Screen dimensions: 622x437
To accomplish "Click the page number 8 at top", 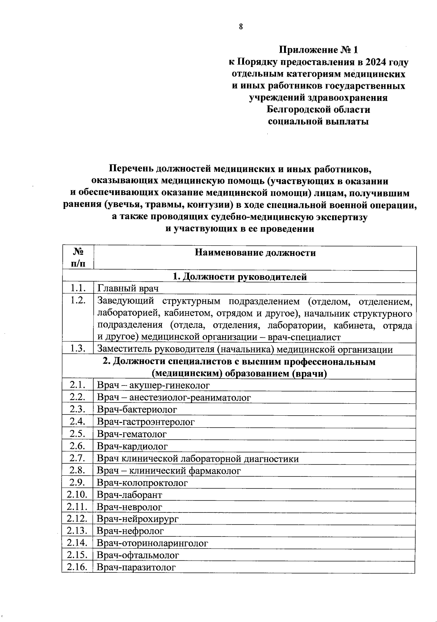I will point(240,26).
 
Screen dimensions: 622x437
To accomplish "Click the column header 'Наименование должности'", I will point(255,253).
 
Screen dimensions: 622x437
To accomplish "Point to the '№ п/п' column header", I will point(78,258).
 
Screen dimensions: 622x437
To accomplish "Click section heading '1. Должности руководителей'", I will point(239,277).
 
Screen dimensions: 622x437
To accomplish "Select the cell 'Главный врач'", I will point(128,289).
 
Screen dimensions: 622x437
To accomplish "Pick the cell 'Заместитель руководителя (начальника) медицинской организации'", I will point(245,349).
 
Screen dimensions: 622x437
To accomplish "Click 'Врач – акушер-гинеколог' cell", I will point(153,385).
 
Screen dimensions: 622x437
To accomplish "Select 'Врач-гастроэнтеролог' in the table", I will point(146,422).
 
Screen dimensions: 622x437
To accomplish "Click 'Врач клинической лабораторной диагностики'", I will point(198,459).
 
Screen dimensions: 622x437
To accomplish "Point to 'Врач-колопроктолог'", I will point(142,483).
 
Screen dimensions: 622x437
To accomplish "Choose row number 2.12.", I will point(77,519).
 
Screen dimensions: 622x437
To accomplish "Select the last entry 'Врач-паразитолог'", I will point(136,567).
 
